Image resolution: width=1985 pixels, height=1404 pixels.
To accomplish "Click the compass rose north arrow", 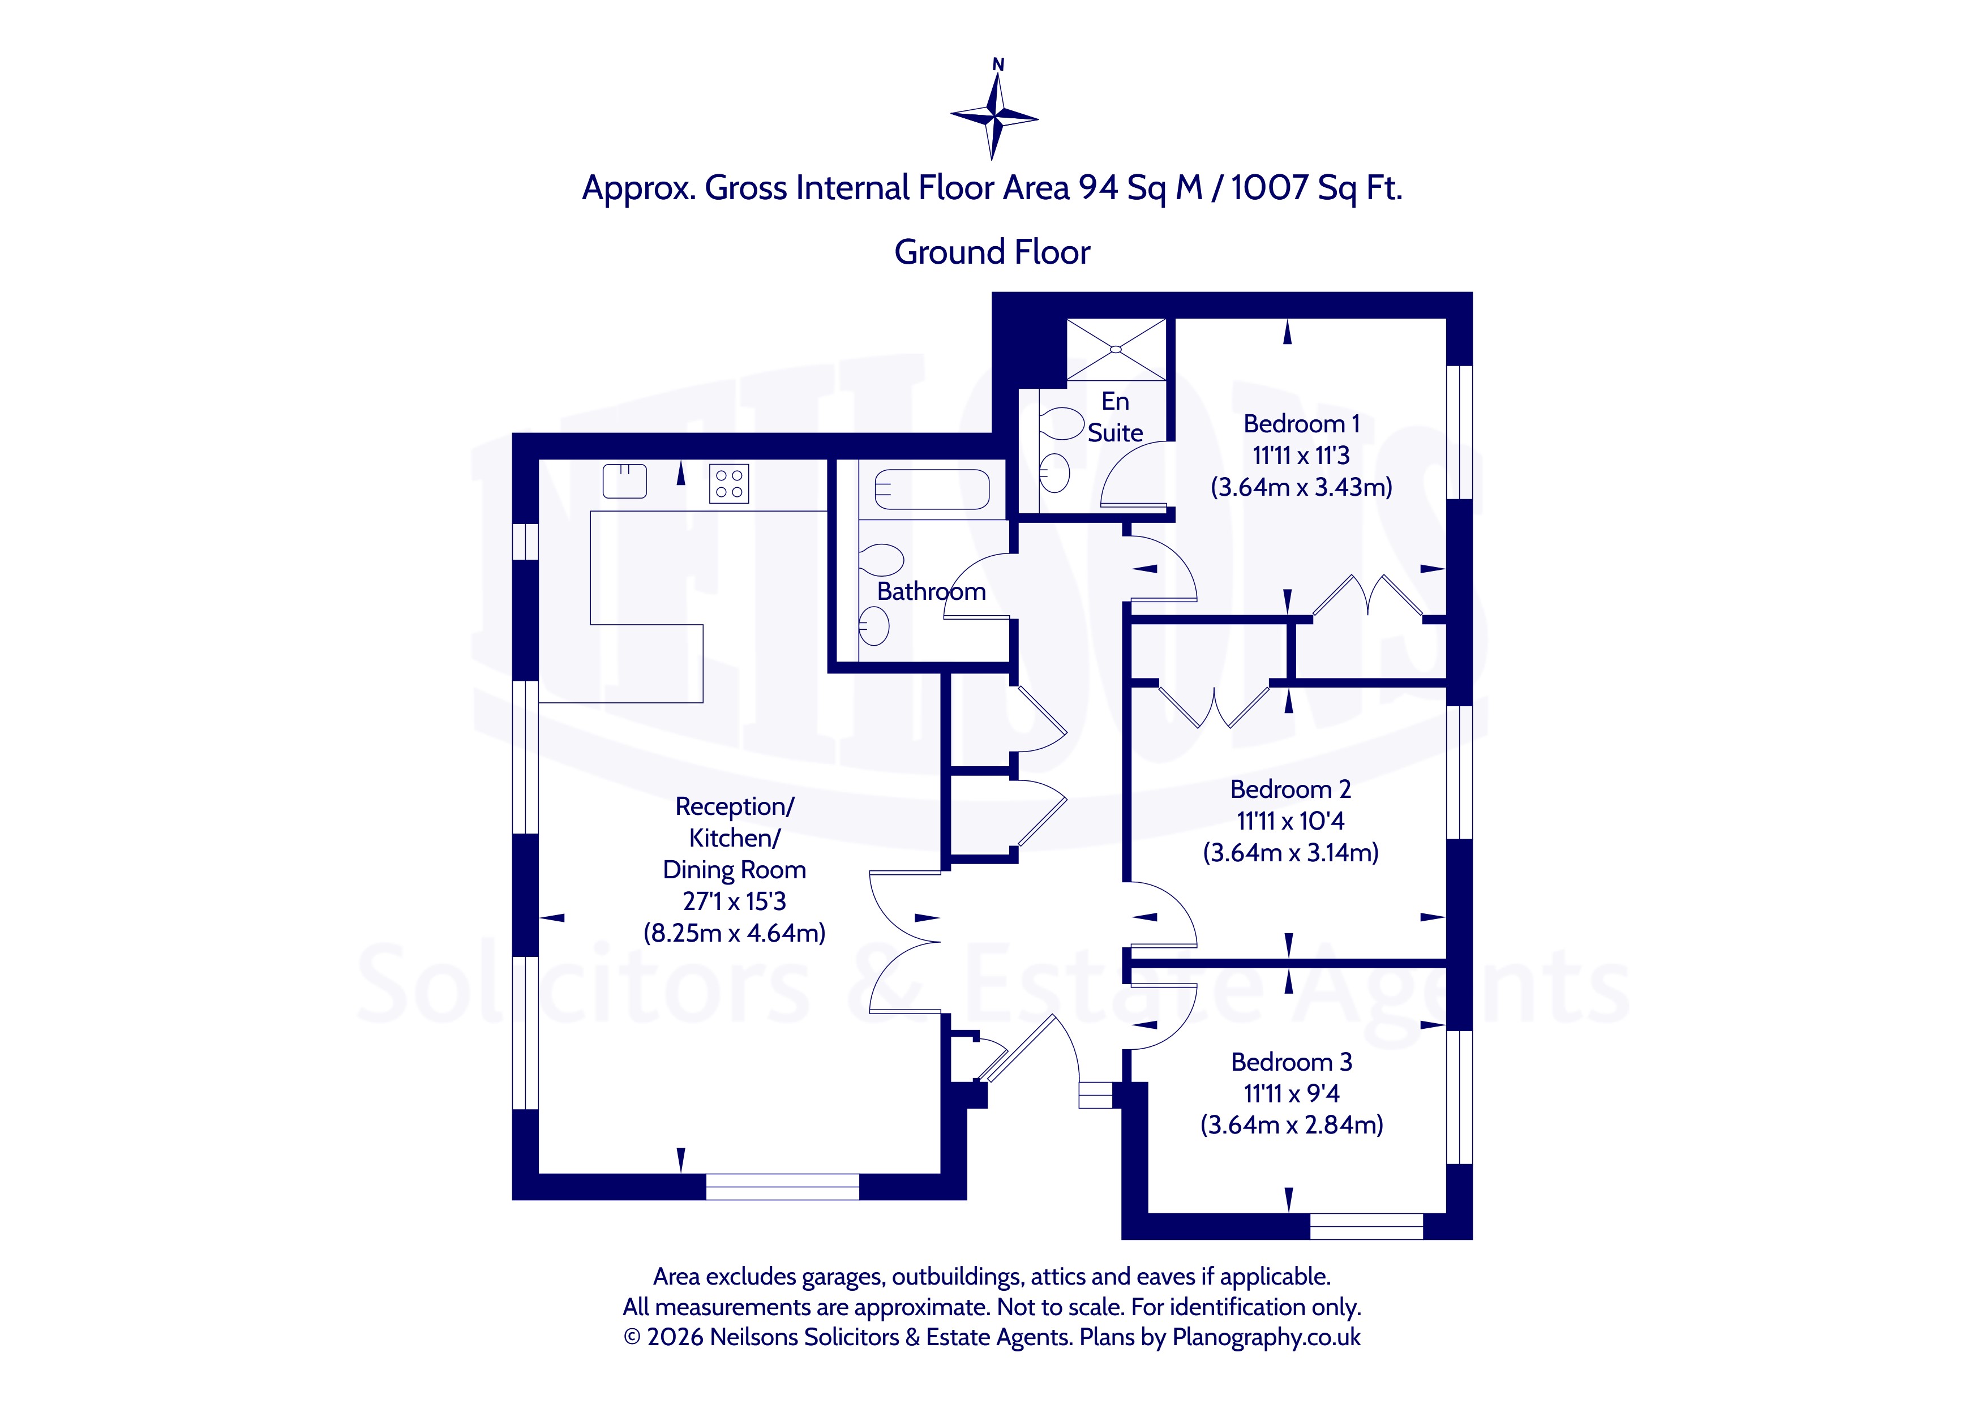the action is [x=995, y=109].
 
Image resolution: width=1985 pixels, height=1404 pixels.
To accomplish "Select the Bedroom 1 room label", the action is [x=1301, y=424].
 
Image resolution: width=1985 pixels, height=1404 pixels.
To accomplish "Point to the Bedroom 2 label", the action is [x=1290, y=789].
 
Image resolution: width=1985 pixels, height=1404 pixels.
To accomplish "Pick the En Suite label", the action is [x=1115, y=417].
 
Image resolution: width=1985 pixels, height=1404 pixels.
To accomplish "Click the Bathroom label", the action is [x=931, y=591].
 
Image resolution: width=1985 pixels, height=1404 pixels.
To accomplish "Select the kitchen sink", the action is [x=624, y=482].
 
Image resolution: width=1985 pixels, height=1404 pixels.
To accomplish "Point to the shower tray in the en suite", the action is [x=1116, y=349].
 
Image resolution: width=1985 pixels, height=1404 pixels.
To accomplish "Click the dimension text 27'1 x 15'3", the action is [x=734, y=901].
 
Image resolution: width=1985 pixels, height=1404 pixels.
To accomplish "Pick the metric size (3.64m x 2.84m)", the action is [x=1292, y=1125].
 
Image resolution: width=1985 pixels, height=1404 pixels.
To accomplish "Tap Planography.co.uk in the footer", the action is [x=1267, y=1337].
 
